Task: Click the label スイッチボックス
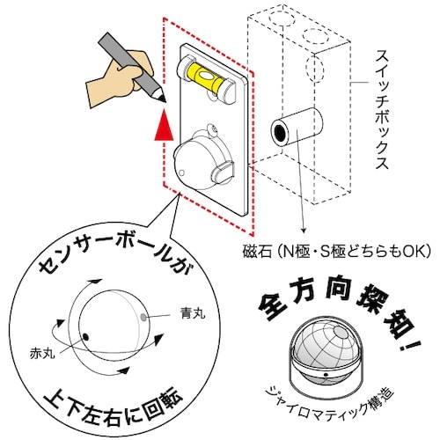click(383, 109)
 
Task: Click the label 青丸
click(192, 313)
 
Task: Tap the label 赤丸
click(42, 353)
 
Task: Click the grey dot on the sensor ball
click(143, 317)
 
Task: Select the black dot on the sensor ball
click(85, 337)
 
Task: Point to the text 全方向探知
click(332, 308)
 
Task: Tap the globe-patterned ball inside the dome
click(326, 346)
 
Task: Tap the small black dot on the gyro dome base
click(326, 375)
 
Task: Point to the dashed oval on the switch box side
click(314, 69)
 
